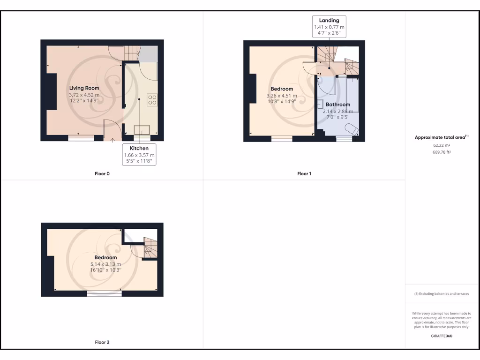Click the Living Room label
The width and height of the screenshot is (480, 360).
84,88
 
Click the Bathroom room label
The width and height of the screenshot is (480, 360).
338,105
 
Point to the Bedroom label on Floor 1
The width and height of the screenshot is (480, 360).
282,89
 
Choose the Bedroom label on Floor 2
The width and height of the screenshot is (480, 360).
105,258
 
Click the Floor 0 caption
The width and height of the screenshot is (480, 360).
102,174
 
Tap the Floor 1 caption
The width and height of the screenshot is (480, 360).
304,174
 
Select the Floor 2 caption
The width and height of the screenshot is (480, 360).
102,343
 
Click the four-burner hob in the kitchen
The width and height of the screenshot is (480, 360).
152,99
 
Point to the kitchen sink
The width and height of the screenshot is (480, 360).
141,129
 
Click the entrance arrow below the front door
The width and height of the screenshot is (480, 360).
112,140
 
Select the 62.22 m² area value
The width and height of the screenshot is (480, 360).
442,145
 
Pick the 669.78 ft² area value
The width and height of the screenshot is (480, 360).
442,152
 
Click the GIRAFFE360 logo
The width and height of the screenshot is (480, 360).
442,336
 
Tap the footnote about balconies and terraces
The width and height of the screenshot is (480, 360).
442,294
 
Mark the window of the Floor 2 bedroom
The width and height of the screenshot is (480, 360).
104,294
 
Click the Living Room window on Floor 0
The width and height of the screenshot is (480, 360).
81,138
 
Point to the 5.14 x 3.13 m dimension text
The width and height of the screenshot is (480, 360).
105,264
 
